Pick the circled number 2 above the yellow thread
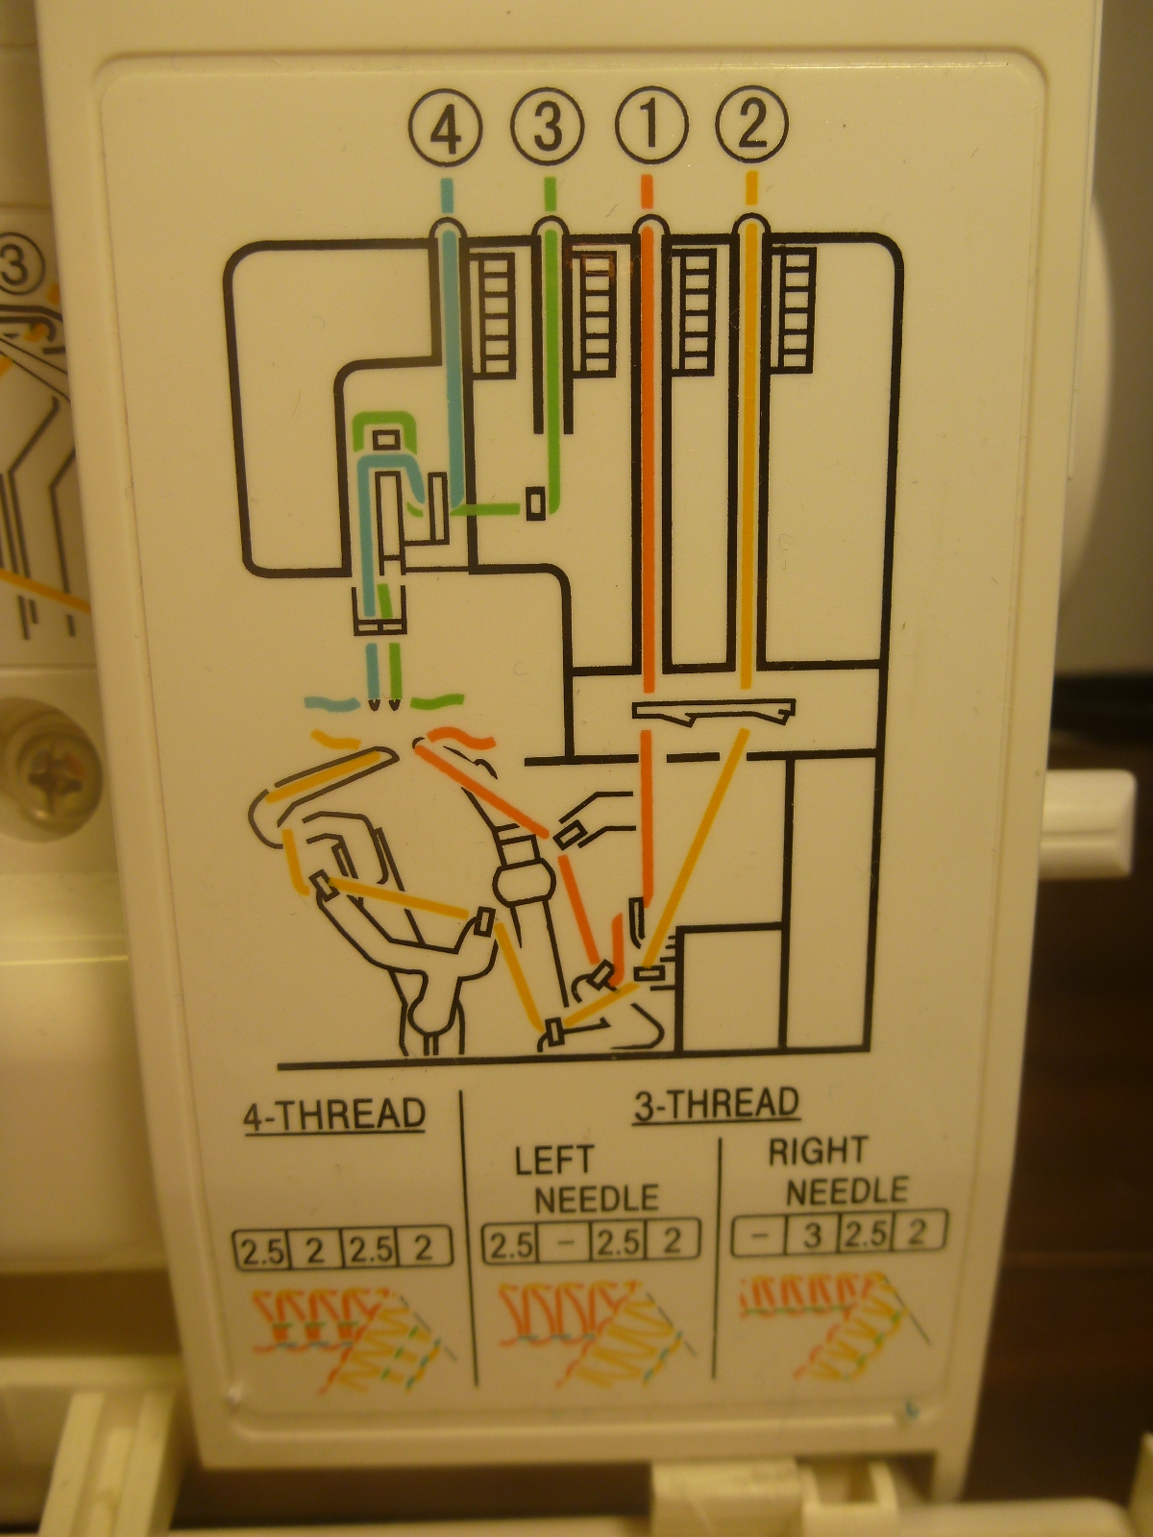(x=752, y=126)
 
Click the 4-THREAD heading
(x=334, y=1115)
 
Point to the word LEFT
(x=554, y=1160)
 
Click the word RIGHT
(x=818, y=1151)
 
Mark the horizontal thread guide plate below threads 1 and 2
(x=713, y=711)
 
